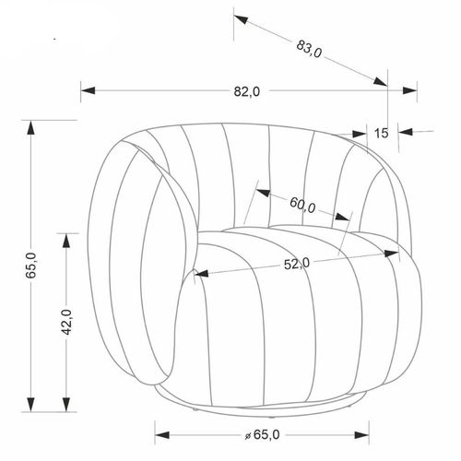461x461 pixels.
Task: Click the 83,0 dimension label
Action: pos(308,48)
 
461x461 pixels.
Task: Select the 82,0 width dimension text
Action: pos(248,90)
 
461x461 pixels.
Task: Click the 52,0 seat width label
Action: pos(296,264)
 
